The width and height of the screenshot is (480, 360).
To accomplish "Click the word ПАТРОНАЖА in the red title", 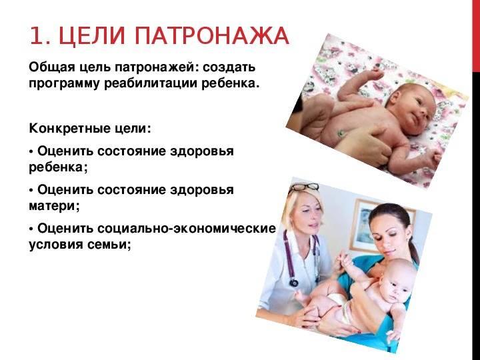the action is tap(211, 37).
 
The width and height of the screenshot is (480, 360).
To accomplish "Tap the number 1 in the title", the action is tap(37, 37).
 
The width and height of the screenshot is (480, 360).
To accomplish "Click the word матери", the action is tap(52, 205).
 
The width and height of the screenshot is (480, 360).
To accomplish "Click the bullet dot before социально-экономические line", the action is tap(31, 229).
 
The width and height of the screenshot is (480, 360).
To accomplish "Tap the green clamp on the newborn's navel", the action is tap(341, 133).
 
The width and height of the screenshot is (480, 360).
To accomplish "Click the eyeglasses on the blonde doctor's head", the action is tap(304, 187).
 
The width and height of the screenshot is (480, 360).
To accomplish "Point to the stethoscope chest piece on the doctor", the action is tap(294, 282).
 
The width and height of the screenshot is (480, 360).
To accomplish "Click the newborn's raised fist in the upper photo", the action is tap(377, 73).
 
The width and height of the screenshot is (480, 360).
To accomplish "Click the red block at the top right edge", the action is tap(476, 35).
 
